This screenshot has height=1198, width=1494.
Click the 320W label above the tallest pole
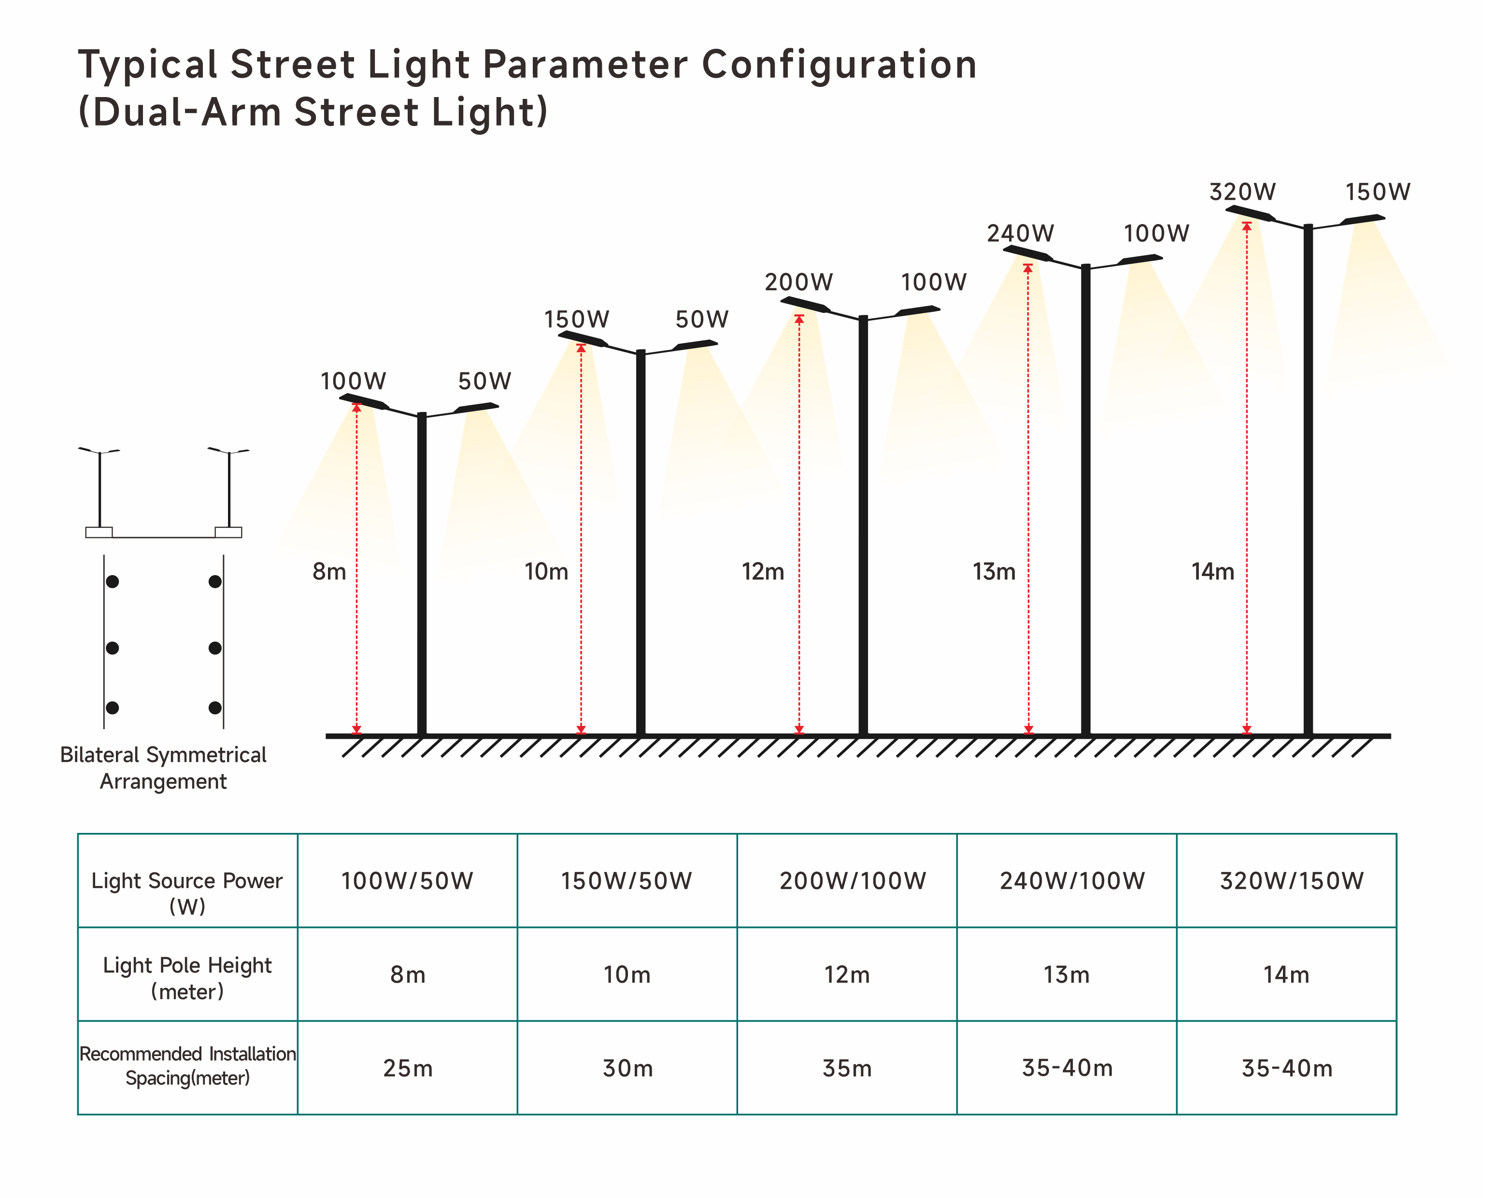pyautogui.click(x=1242, y=192)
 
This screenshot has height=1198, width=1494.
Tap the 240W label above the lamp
pyautogui.click(x=1020, y=234)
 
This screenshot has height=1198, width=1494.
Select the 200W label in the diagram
pyautogui.click(x=798, y=282)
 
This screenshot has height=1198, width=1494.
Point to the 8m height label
pyautogui.click(x=329, y=572)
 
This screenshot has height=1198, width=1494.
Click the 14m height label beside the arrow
pyautogui.click(x=1213, y=572)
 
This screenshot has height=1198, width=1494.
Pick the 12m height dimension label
pyautogui.click(x=762, y=572)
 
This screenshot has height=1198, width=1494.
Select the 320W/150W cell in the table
pyautogui.click(x=1291, y=881)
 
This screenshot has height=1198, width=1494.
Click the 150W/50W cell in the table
pyautogui.click(x=626, y=881)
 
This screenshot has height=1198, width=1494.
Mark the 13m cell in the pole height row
pyautogui.click(x=1067, y=975)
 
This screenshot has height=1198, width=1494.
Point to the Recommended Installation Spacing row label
pyautogui.click(x=187, y=1066)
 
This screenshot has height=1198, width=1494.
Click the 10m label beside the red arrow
pyautogui.click(x=546, y=572)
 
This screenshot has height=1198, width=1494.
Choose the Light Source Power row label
pyautogui.click(x=187, y=892)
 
